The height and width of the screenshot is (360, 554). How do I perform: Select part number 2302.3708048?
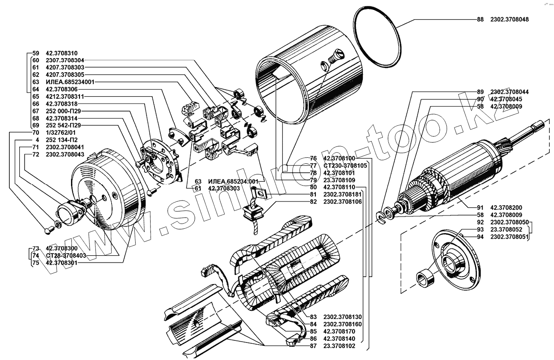(509, 20)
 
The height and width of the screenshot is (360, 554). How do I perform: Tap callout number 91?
(480, 207)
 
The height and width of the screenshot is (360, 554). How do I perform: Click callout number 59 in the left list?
(36, 53)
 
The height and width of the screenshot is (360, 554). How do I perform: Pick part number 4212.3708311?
(64, 97)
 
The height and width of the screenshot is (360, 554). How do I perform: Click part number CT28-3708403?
(66, 255)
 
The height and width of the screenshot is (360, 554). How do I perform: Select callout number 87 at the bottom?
(313, 346)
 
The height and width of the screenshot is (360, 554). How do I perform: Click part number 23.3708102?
(340, 346)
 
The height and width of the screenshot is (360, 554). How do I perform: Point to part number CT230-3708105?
(345, 165)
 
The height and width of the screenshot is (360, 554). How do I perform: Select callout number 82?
(313, 201)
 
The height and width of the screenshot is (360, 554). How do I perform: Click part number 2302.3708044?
(509, 92)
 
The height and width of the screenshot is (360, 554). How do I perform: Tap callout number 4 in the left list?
(38, 140)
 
